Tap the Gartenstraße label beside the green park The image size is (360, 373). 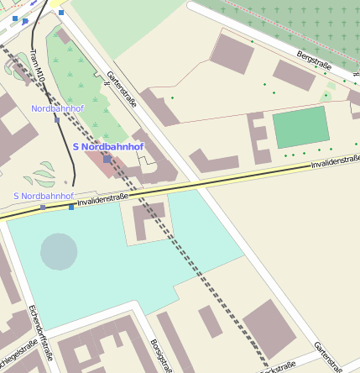point(122,90)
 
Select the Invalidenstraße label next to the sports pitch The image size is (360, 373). point(335,161)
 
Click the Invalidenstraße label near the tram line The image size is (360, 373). point(102,200)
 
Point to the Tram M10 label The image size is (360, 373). point(36,67)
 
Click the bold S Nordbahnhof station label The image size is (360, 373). point(108,147)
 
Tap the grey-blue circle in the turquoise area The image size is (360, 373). point(59,251)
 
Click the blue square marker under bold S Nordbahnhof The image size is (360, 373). point(107,158)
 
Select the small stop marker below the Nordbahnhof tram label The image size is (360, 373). point(56,119)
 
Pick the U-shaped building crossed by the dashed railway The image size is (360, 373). point(150,220)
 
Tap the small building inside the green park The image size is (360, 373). point(64,37)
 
